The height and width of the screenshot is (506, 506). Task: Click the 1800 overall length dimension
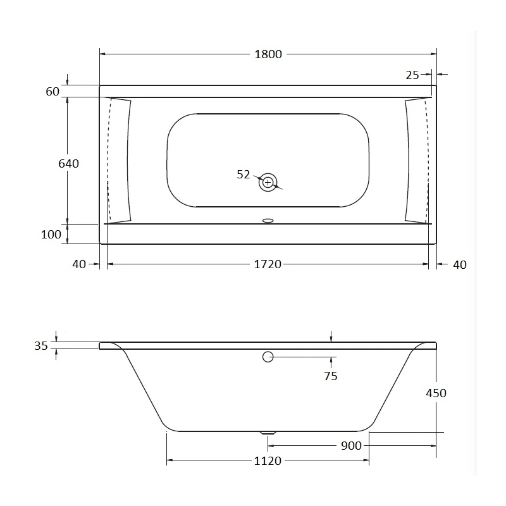coord(268,54)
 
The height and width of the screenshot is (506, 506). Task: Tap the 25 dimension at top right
coord(412,75)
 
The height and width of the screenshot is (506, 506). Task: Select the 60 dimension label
coord(52,92)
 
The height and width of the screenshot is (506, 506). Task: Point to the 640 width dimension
coord(68,164)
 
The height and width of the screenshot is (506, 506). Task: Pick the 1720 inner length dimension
coord(268,264)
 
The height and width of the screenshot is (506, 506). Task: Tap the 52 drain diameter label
coord(244,175)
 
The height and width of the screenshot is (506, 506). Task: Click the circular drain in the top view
coord(268,182)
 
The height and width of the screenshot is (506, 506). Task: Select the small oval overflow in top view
coord(268,221)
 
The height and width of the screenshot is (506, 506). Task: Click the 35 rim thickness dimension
coord(41,346)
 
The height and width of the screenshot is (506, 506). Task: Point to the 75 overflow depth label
coord(330,376)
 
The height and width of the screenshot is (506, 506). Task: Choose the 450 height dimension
coord(436,393)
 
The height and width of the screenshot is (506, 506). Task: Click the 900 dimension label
coord(351,446)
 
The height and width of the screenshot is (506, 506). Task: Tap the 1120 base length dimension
coord(268,461)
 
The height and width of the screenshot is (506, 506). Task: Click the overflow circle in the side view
coord(268,357)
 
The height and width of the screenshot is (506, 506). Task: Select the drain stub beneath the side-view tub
coord(268,433)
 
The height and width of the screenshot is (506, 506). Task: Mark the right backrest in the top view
coord(416,161)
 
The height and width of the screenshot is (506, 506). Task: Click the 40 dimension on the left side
coord(79,264)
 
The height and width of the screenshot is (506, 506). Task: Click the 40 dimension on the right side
coord(460,264)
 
